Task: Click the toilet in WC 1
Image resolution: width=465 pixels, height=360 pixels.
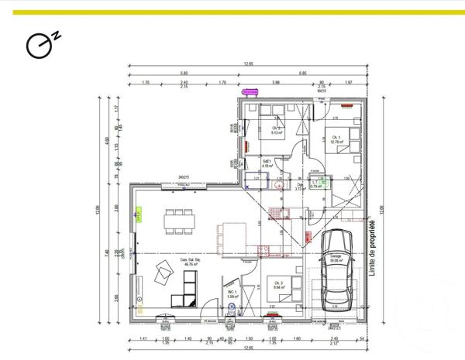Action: (x=232, y=307)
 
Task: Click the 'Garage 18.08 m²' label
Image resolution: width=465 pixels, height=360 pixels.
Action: (x=337, y=259)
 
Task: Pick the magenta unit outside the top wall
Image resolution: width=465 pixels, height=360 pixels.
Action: (x=251, y=91)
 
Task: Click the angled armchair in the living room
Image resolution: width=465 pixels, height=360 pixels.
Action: (x=165, y=273)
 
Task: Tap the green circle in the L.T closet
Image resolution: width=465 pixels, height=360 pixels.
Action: (x=326, y=184)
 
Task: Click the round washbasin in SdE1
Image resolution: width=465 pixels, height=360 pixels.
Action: (x=280, y=184)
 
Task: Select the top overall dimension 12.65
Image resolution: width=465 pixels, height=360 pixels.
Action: (x=247, y=64)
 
